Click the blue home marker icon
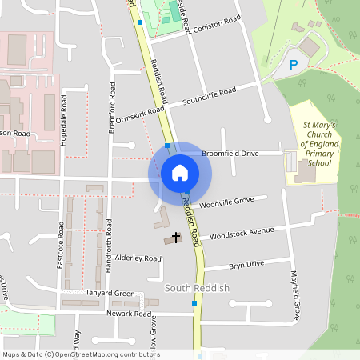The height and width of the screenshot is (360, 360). (180, 173)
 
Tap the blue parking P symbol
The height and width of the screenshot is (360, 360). (293, 64)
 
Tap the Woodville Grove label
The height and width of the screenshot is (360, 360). (226, 202)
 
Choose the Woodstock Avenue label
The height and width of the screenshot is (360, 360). (241, 234)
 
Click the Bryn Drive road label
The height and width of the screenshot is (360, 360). (246, 265)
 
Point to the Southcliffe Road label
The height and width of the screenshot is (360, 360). (210, 97)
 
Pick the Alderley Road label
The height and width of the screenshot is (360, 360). (138, 258)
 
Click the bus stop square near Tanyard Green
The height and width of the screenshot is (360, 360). (194, 303)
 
